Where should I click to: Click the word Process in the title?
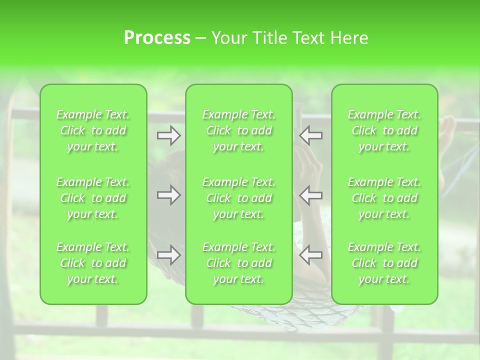(157, 38)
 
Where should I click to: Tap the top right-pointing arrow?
(168, 135)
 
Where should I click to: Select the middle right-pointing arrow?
(168, 195)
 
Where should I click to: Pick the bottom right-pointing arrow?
(168, 255)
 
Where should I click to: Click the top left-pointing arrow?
(310, 135)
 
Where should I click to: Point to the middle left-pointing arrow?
(310, 195)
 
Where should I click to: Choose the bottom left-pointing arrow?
(310, 255)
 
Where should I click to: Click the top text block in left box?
(93, 130)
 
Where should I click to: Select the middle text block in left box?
(93, 198)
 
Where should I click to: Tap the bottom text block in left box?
(93, 263)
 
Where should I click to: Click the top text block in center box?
(239, 130)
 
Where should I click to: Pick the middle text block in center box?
(239, 198)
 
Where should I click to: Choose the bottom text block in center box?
(239, 263)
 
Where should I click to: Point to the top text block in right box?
(384, 130)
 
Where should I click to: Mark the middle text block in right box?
(384, 198)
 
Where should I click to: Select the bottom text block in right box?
(384, 263)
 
